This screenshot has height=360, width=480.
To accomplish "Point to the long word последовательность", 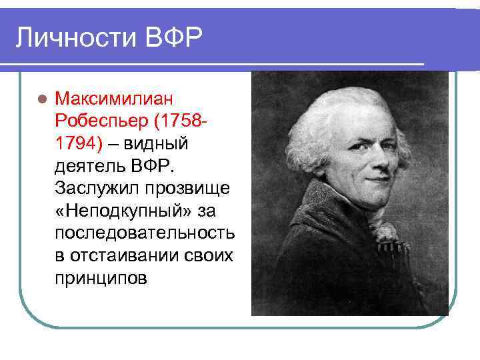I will (145, 233).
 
